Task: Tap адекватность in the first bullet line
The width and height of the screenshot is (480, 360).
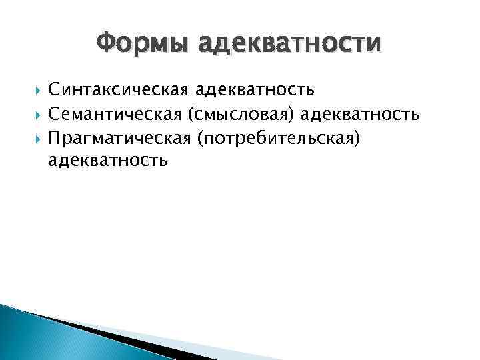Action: (256, 89)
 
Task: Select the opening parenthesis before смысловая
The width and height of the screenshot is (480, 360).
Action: (193, 115)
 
